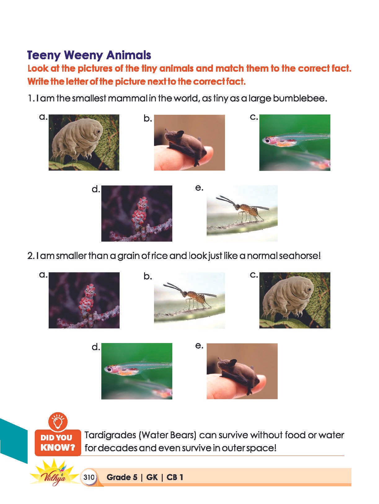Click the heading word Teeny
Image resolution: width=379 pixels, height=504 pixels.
click(44, 55)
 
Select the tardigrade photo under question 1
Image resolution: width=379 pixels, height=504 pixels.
click(84, 142)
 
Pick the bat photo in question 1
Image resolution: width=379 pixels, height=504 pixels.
click(189, 143)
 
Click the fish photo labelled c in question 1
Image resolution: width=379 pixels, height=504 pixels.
click(295, 143)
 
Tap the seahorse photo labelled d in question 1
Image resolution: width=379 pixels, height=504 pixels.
click(137, 213)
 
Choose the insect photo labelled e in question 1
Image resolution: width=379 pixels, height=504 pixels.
click(242, 213)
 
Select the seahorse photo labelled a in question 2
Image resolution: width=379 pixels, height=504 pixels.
click(84, 300)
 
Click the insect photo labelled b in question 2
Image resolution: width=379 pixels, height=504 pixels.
click(189, 300)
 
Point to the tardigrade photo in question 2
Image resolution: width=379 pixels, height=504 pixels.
click(295, 300)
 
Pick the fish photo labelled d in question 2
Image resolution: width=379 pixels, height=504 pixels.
click(137, 371)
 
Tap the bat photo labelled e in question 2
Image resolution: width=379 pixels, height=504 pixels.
click(242, 371)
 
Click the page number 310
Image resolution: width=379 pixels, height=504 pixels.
click(89, 477)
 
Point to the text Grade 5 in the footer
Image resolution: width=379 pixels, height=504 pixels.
click(122, 477)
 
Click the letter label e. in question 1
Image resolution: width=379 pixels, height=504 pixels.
click(199, 188)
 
